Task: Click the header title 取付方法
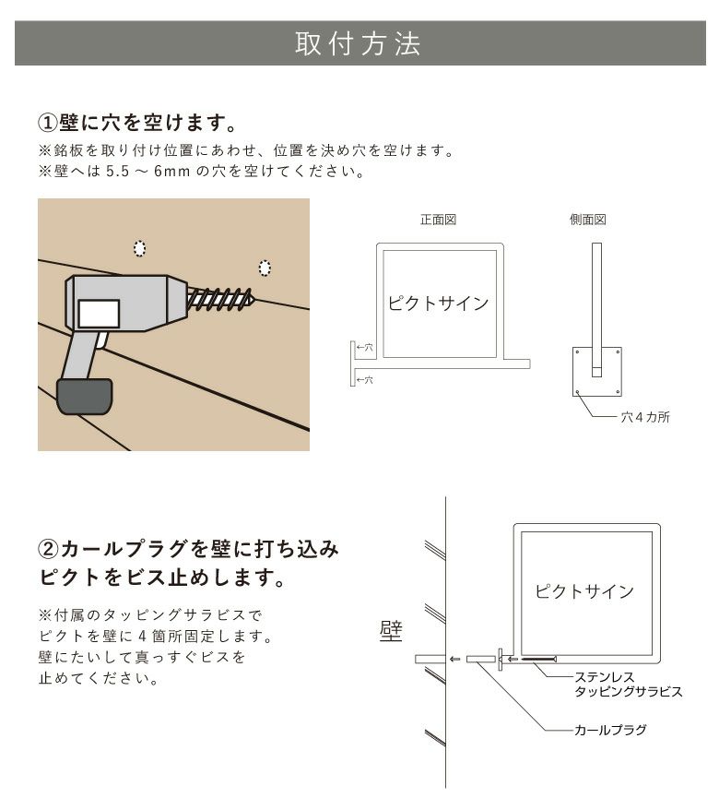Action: [358, 44]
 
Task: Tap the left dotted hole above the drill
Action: [139, 247]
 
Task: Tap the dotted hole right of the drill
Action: [265, 268]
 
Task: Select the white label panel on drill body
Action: [99, 314]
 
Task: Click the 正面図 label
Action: [439, 220]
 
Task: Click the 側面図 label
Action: [588, 220]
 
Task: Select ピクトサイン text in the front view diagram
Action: [438, 304]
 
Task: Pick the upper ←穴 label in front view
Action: [364, 348]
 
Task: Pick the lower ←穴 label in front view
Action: [364, 379]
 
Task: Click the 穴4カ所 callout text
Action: [644, 417]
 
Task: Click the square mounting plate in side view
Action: [597, 372]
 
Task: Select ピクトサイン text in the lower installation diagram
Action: [584, 591]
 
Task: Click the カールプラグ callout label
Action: [609, 730]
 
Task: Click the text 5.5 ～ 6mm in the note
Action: [144, 172]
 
